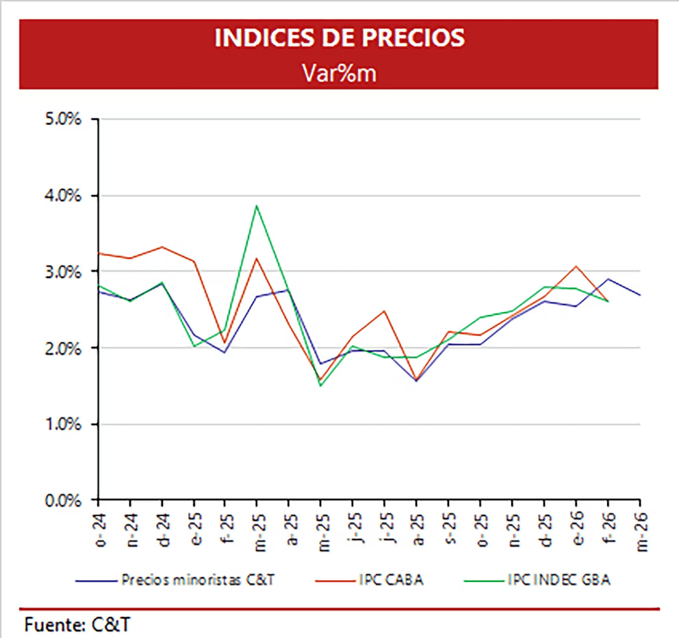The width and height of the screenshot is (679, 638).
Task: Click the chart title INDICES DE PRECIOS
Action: pos(339,38)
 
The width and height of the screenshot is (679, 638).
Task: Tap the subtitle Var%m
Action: pos(339,73)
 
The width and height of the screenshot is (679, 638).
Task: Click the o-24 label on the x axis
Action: pos(99,527)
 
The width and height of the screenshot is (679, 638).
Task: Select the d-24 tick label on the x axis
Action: pos(163,527)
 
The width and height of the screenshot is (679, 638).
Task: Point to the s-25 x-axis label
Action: pos(449,527)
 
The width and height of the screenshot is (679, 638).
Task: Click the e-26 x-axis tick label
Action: pos(576,527)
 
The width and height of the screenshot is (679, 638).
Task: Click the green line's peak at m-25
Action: pos(257,205)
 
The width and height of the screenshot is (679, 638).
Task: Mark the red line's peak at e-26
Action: pos(576,266)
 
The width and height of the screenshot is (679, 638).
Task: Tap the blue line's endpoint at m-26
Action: pos(639,295)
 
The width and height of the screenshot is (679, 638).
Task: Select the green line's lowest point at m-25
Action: pos(320,386)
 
